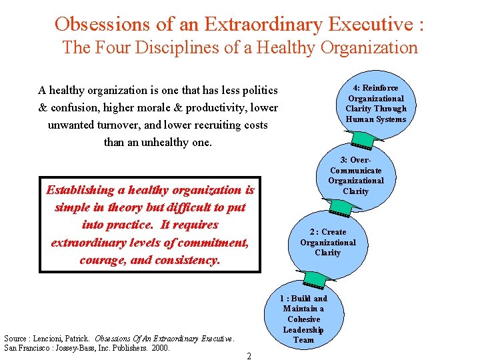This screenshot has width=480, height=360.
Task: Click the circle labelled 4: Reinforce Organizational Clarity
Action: pos(375,104)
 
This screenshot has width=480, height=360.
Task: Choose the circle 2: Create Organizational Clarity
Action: pos(327,242)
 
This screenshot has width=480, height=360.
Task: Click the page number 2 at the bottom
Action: pos(249,356)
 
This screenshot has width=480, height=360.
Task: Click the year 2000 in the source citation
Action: pos(161,347)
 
